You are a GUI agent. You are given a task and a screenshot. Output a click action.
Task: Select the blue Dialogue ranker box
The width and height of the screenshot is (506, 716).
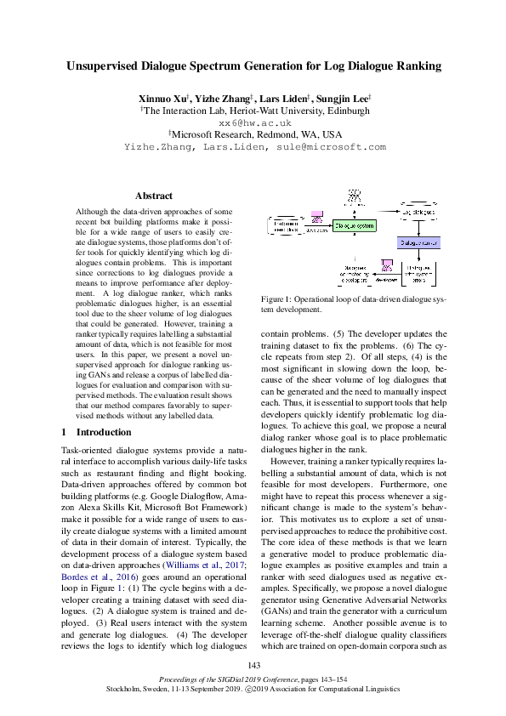click(x=418, y=242)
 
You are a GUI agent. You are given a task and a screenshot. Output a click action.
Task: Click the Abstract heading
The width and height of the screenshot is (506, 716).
click(x=154, y=196)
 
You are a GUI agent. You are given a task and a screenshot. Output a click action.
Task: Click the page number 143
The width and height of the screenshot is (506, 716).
click(x=253, y=665)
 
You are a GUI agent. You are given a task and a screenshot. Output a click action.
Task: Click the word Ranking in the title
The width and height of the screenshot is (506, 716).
click(x=412, y=65)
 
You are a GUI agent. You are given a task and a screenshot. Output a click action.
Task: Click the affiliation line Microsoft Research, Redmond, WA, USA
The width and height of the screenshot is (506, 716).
click(x=256, y=134)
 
